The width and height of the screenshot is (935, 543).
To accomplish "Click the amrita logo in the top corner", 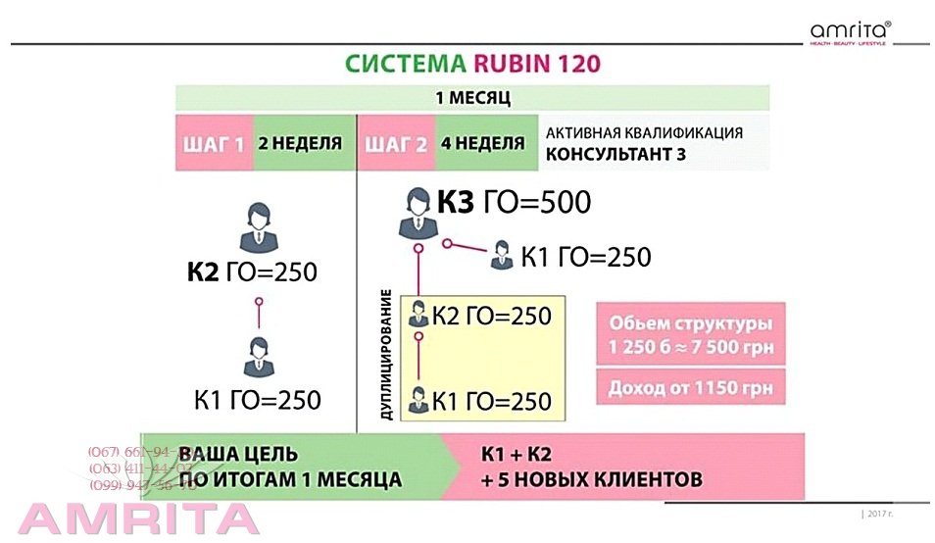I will click(851, 33).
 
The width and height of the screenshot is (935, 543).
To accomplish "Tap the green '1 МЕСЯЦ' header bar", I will click(472, 98).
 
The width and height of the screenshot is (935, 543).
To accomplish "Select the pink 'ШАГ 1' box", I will click(214, 143).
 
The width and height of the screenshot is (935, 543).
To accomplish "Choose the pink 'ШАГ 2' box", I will click(396, 143).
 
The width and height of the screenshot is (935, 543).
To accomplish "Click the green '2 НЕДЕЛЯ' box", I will click(299, 143).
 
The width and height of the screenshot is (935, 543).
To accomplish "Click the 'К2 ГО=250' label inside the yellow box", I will click(492, 316).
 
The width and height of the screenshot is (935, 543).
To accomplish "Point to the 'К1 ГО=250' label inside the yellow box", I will click(492, 401).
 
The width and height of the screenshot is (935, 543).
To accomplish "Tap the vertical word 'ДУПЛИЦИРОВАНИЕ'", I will click(386, 356).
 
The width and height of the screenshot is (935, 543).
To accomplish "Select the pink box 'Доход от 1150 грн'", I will click(690, 387).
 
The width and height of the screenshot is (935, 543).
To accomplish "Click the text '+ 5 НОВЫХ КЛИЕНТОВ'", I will click(591, 480).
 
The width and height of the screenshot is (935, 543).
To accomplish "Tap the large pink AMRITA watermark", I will click(137, 518).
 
